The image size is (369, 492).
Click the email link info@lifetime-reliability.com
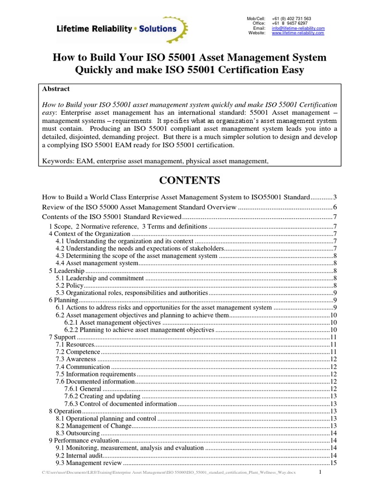298,28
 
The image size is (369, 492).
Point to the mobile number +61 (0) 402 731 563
292,18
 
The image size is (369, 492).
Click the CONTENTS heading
189,181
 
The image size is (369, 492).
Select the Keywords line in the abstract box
155,161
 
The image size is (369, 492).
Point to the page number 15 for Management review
333,463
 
